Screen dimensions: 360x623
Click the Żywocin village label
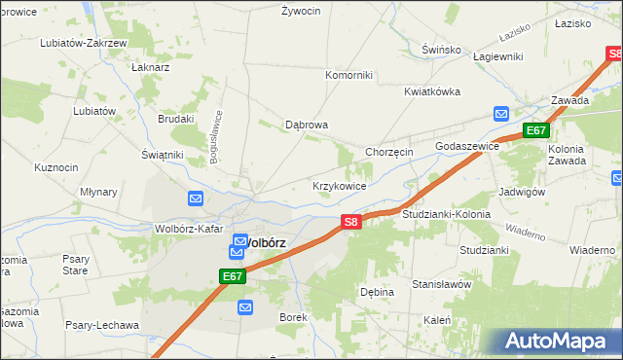[301, 12]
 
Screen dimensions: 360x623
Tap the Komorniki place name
[348, 74]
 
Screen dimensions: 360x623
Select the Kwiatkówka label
[431, 91]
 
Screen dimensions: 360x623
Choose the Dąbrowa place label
[306, 125]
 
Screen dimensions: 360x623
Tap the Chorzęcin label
[389, 152]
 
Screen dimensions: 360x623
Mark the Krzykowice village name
[339, 185]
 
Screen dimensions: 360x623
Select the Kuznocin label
[55, 167]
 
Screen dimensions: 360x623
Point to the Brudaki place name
[176, 119]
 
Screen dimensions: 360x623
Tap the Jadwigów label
[521, 192]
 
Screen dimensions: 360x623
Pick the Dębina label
[377, 292]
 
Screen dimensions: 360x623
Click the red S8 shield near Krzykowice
[351, 223]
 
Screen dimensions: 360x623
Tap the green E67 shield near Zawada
[535, 130]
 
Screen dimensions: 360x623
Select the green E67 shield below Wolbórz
[232, 277]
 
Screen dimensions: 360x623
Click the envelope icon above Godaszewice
[500, 114]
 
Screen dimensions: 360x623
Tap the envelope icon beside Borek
[244, 307]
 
